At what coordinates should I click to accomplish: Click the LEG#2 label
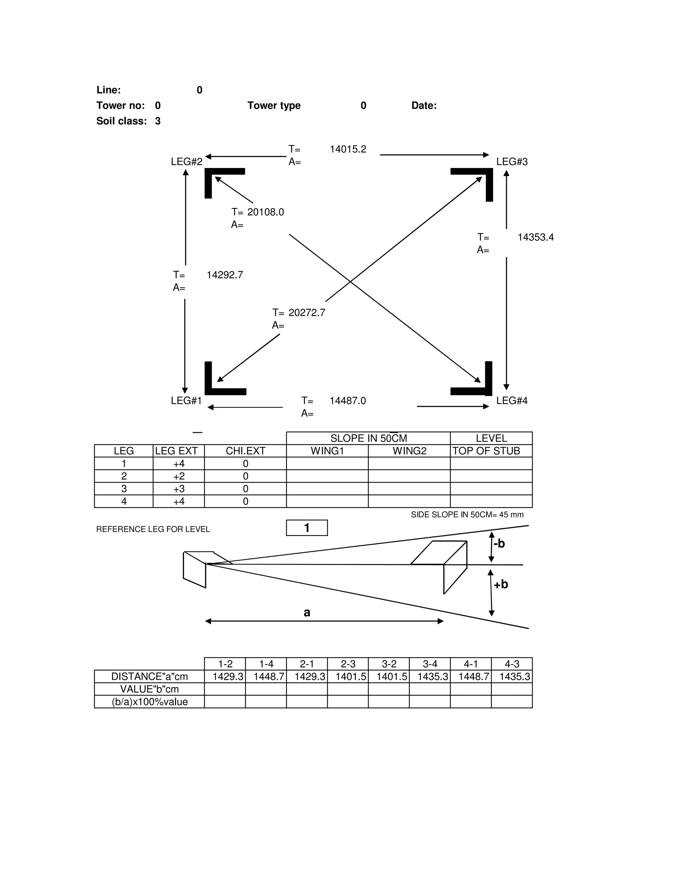tap(186, 162)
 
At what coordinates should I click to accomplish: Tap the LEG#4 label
tap(512, 401)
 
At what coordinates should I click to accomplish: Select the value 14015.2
tap(348, 149)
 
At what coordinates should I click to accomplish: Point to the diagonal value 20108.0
tap(265, 212)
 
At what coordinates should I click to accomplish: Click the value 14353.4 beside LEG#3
tap(535, 237)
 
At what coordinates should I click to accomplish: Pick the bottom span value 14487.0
tap(348, 401)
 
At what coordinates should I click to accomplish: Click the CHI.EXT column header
tap(245, 451)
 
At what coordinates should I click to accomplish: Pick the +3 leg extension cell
tap(179, 489)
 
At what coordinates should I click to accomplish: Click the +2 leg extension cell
tap(179, 476)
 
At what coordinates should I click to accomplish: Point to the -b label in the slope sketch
tap(499, 544)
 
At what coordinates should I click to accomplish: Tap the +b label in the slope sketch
tap(501, 584)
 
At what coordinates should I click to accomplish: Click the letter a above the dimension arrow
tap(307, 612)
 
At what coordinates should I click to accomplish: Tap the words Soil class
tap(121, 121)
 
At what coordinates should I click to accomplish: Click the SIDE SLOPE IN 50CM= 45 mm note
tap(467, 515)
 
